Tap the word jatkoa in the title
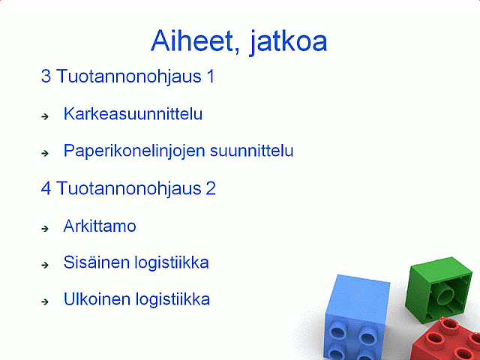coord(289,42)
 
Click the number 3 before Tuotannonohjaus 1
coord(46,76)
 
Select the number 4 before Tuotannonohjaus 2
coord(46,188)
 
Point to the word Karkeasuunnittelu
coord(133,114)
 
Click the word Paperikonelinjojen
coord(134,151)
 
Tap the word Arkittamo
coord(100,226)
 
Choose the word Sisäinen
coord(97,262)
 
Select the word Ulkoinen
coord(97,299)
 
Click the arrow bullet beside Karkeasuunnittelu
coord(45,116)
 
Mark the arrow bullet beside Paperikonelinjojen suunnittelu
coord(45,153)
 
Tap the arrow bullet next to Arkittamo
coord(45,228)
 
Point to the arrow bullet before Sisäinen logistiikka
coord(45,265)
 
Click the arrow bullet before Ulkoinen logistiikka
coord(45,301)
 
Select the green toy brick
coord(438,289)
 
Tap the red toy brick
coord(447,340)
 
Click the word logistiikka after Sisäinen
coord(172,263)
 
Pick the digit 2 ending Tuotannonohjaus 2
coord(211,188)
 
